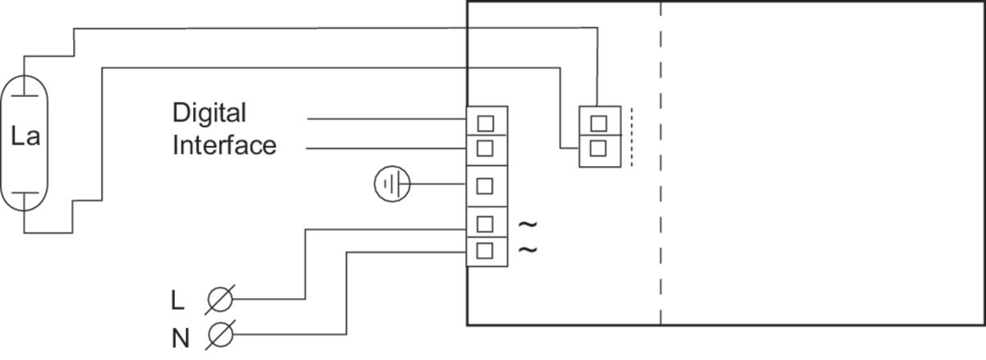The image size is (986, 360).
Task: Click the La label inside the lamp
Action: point(25,139)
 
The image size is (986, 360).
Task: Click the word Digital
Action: point(210,113)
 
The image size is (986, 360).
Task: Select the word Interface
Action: point(223,145)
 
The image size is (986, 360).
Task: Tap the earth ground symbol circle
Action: point(391,184)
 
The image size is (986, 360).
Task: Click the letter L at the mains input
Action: point(177,301)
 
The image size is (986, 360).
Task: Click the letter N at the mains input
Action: point(179,335)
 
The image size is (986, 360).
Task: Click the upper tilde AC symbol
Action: point(528,224)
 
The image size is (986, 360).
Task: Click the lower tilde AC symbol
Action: point(528,249)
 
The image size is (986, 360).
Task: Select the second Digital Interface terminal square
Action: point(485,148)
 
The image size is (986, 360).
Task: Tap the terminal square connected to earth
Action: point(485,185)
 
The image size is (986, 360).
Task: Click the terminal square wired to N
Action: point(485,249)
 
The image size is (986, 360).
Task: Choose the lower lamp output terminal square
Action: point(599,149)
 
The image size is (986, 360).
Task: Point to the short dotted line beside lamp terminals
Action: point(632,136)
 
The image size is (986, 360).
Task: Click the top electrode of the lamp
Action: point(25,83)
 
